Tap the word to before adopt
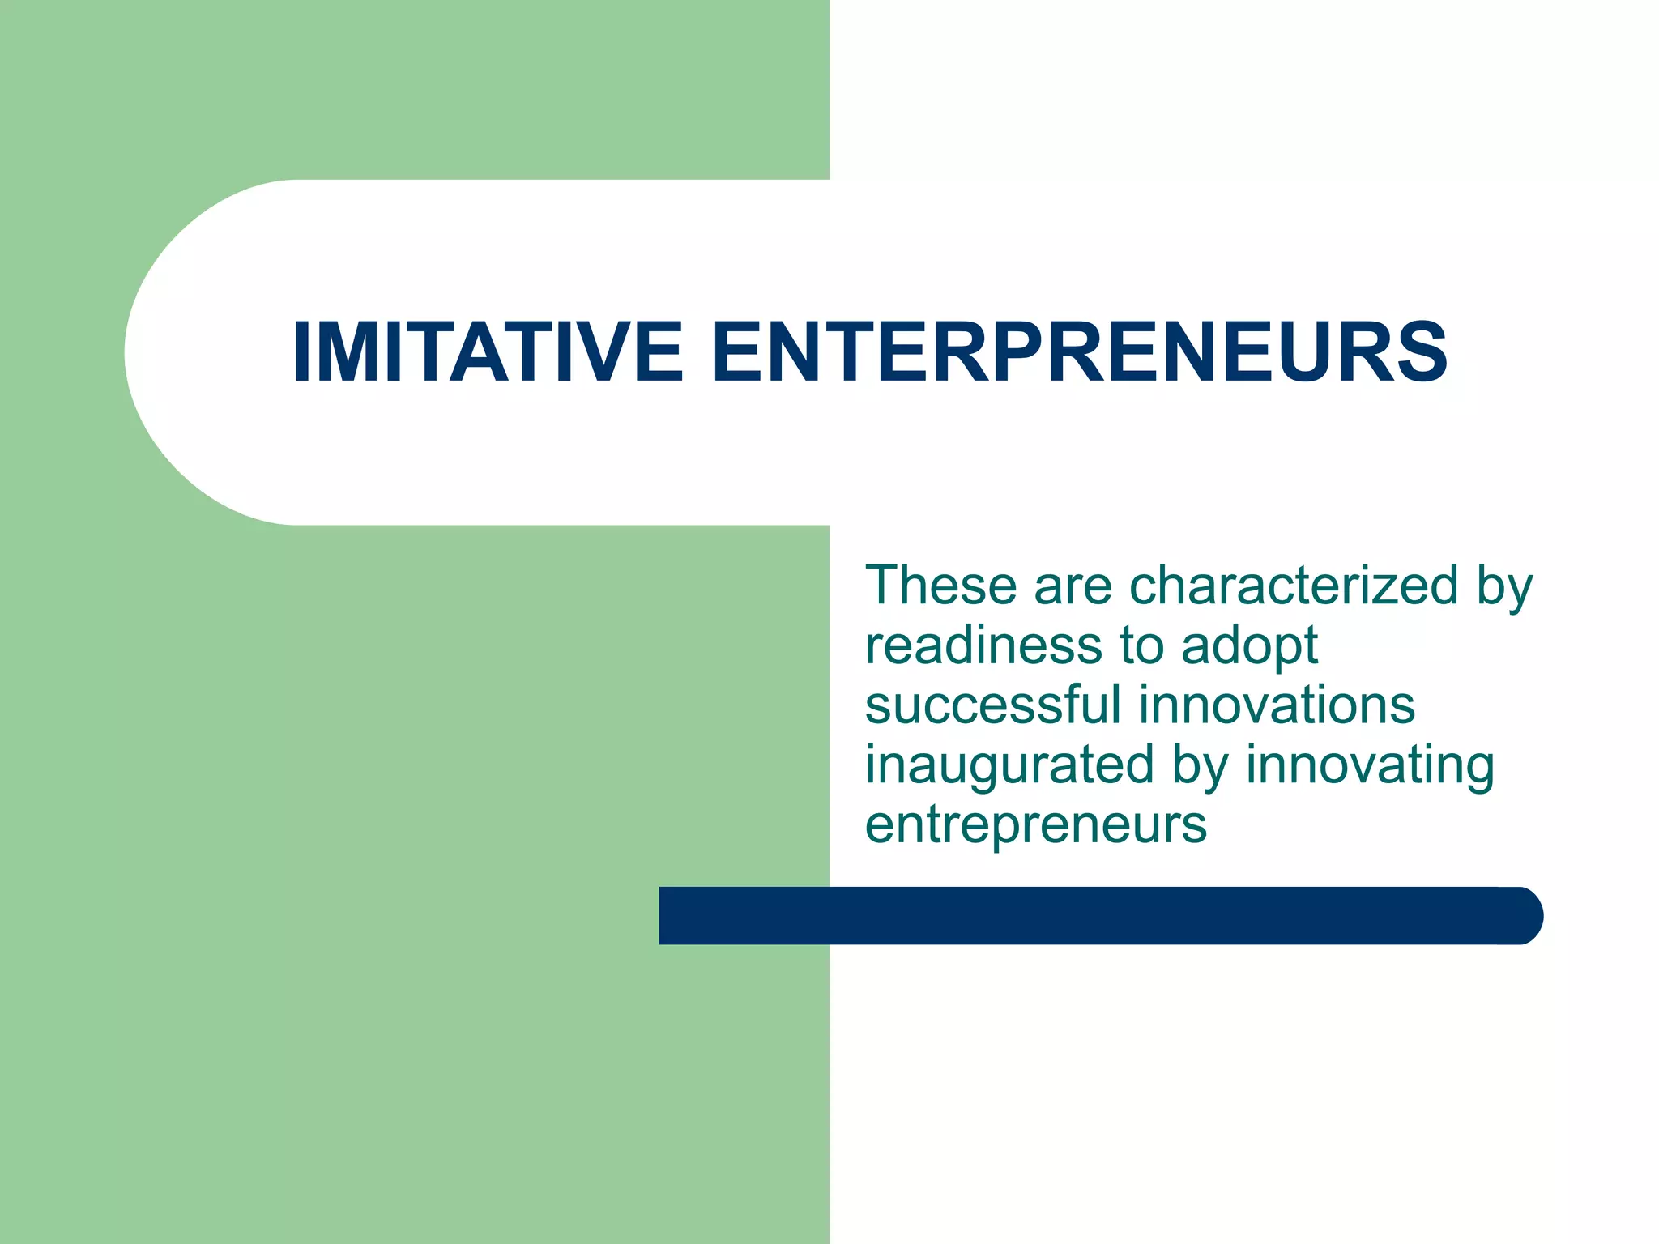point(1141,645)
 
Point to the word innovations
point(1277,705)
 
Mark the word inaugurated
point(1009,766)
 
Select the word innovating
point(1370,766)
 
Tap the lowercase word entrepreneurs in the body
point(1036,825)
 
